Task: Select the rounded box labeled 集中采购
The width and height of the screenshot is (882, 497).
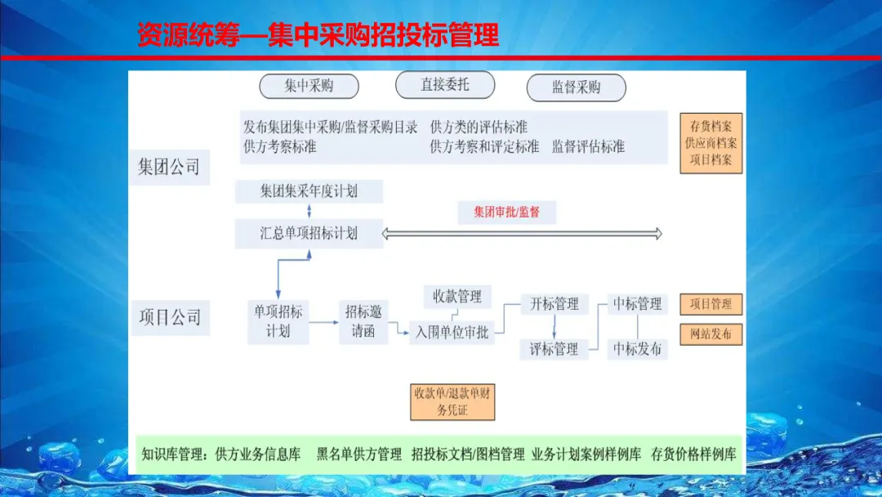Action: [308, 86]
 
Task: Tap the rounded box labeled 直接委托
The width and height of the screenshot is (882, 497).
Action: [444, 85]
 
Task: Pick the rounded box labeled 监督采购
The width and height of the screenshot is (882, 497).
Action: [576, 87]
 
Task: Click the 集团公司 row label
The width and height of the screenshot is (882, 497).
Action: [169, 168]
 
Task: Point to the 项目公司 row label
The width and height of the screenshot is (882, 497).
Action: [169, 317]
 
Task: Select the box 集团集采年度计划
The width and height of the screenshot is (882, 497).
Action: [309, 192]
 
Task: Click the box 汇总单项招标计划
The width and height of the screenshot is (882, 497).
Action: [309, 233]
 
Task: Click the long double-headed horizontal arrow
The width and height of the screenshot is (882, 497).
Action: [523, 234]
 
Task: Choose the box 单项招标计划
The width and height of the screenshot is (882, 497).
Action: [278, 322]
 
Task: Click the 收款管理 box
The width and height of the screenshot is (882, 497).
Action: [457, 296]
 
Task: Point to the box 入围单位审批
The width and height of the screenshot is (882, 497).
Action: [452, 333]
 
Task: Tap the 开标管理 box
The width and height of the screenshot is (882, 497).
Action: [555, 304]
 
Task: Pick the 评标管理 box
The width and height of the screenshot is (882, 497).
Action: [555, 349]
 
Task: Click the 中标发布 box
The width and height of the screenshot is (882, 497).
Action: [638, 349]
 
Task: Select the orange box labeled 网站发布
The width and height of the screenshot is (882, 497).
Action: [710, 334]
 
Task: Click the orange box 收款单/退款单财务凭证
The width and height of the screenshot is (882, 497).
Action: [452, 401]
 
